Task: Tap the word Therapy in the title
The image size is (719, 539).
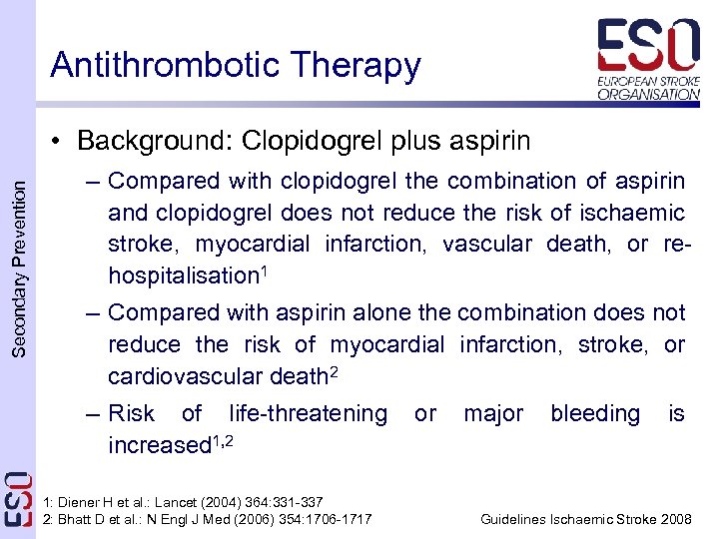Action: point(359,66)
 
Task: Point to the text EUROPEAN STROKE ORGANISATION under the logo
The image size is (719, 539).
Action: point(648,87)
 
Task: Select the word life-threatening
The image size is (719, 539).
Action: point(308,413)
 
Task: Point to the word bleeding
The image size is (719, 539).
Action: point(595,413)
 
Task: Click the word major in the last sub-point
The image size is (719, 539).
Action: point(492,413)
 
